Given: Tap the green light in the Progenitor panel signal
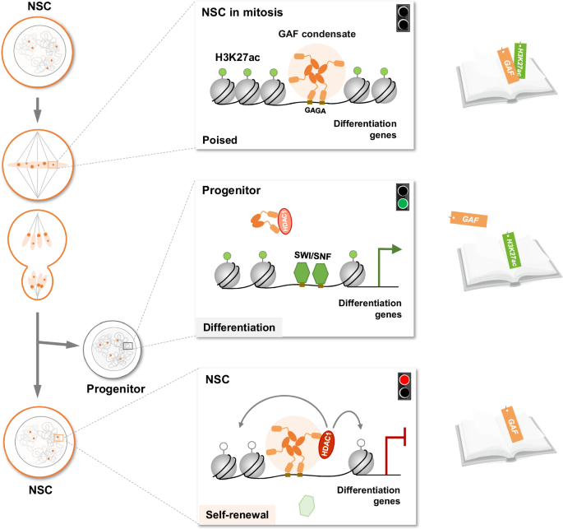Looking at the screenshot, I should [x=402, y=203].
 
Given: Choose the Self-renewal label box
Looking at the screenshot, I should [x=237, y=513].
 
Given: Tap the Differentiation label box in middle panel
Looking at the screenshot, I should [x=238, y=327].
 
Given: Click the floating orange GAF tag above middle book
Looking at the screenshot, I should [x=468, y=220].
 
